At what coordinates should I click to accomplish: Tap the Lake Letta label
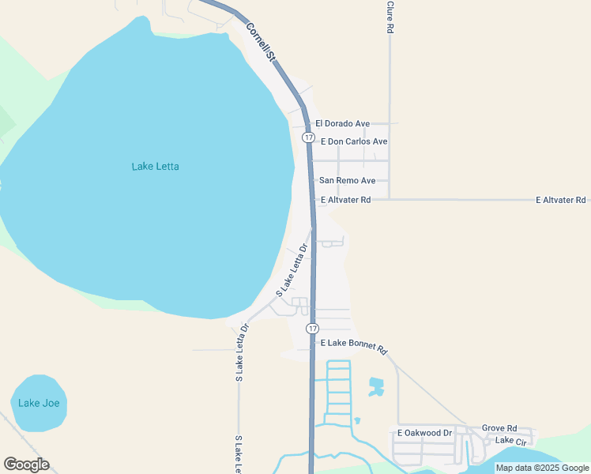tap(155, 167)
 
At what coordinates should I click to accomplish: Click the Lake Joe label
tap(39, 403)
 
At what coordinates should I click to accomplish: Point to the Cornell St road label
tap(261, 42)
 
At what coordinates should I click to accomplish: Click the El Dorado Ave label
tap(342, 124)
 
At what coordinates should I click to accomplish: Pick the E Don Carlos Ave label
tap(354, 141)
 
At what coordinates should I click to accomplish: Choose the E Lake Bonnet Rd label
tap(353, 344)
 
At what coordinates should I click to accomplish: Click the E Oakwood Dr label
tap(424, 433)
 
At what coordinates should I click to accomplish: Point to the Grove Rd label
tap(499, 427)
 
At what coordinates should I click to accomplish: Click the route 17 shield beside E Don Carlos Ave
tap(308, 137)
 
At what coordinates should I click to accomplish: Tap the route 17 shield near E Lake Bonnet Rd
tap(313, 328)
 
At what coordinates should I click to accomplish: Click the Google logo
tap(26, 465)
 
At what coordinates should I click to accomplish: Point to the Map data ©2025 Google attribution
tap(542, 468)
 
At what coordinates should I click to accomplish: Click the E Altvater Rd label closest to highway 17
tap(344, 200)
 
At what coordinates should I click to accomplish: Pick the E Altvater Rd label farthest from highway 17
tap(560, 200)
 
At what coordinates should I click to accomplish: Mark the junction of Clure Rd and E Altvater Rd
tap(390, 200)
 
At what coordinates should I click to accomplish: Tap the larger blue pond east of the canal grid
tap(375, 387)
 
